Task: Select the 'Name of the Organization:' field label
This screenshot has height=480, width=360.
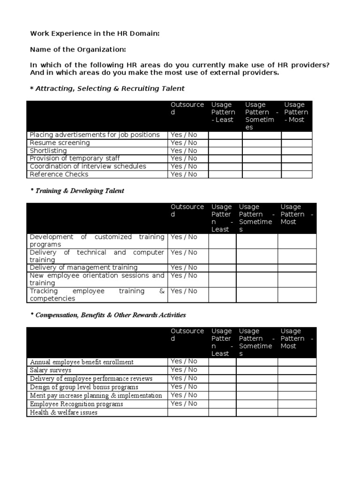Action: [78, 49]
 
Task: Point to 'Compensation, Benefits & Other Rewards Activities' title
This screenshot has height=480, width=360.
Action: [108, 315]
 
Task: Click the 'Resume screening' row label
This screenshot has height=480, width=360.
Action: [60, 143]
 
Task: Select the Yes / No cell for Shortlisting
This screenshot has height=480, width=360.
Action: [184, 151]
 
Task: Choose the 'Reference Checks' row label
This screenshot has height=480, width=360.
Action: [59, 174]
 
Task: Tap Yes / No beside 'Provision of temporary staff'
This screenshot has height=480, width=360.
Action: [184, 158]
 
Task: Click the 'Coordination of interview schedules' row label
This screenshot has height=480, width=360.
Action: [88, 166]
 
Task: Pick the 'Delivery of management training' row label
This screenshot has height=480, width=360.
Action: [84, 268]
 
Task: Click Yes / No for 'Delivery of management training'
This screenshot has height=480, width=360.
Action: [184, 268]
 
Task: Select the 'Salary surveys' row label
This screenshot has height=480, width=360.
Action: [51, 370]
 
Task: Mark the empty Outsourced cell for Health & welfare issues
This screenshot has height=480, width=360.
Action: [188, 412]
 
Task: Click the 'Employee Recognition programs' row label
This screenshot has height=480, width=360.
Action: [77, 404]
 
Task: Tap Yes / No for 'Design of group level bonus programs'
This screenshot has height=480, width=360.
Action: [184, 387]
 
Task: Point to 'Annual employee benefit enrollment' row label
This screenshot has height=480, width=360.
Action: [82, 362]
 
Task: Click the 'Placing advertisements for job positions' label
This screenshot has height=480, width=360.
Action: [95, 135]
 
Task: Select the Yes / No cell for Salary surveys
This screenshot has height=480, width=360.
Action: [184, 370]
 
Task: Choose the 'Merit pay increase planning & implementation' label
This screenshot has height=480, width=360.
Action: [96, 396]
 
